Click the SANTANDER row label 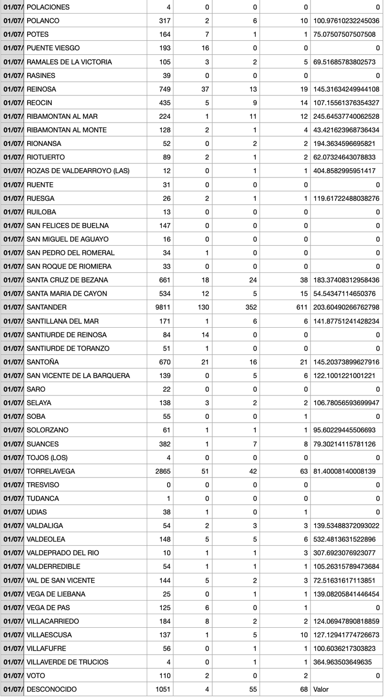[x=46, y=307]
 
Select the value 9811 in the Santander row [x=163, y=307]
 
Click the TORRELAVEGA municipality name [x=51, y=471]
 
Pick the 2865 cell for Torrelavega [x=163, y=471]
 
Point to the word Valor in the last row [x=321, y=689]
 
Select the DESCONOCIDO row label [x=51, y=689]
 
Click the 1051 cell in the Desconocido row [x=163, y=689]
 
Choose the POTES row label [x=38, y=34]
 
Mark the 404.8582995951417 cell [x=344, y=171]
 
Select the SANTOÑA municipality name [x=43, y=362]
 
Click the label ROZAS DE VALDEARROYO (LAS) [x=78, y=171]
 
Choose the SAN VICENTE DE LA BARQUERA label [x=78, y=376]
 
